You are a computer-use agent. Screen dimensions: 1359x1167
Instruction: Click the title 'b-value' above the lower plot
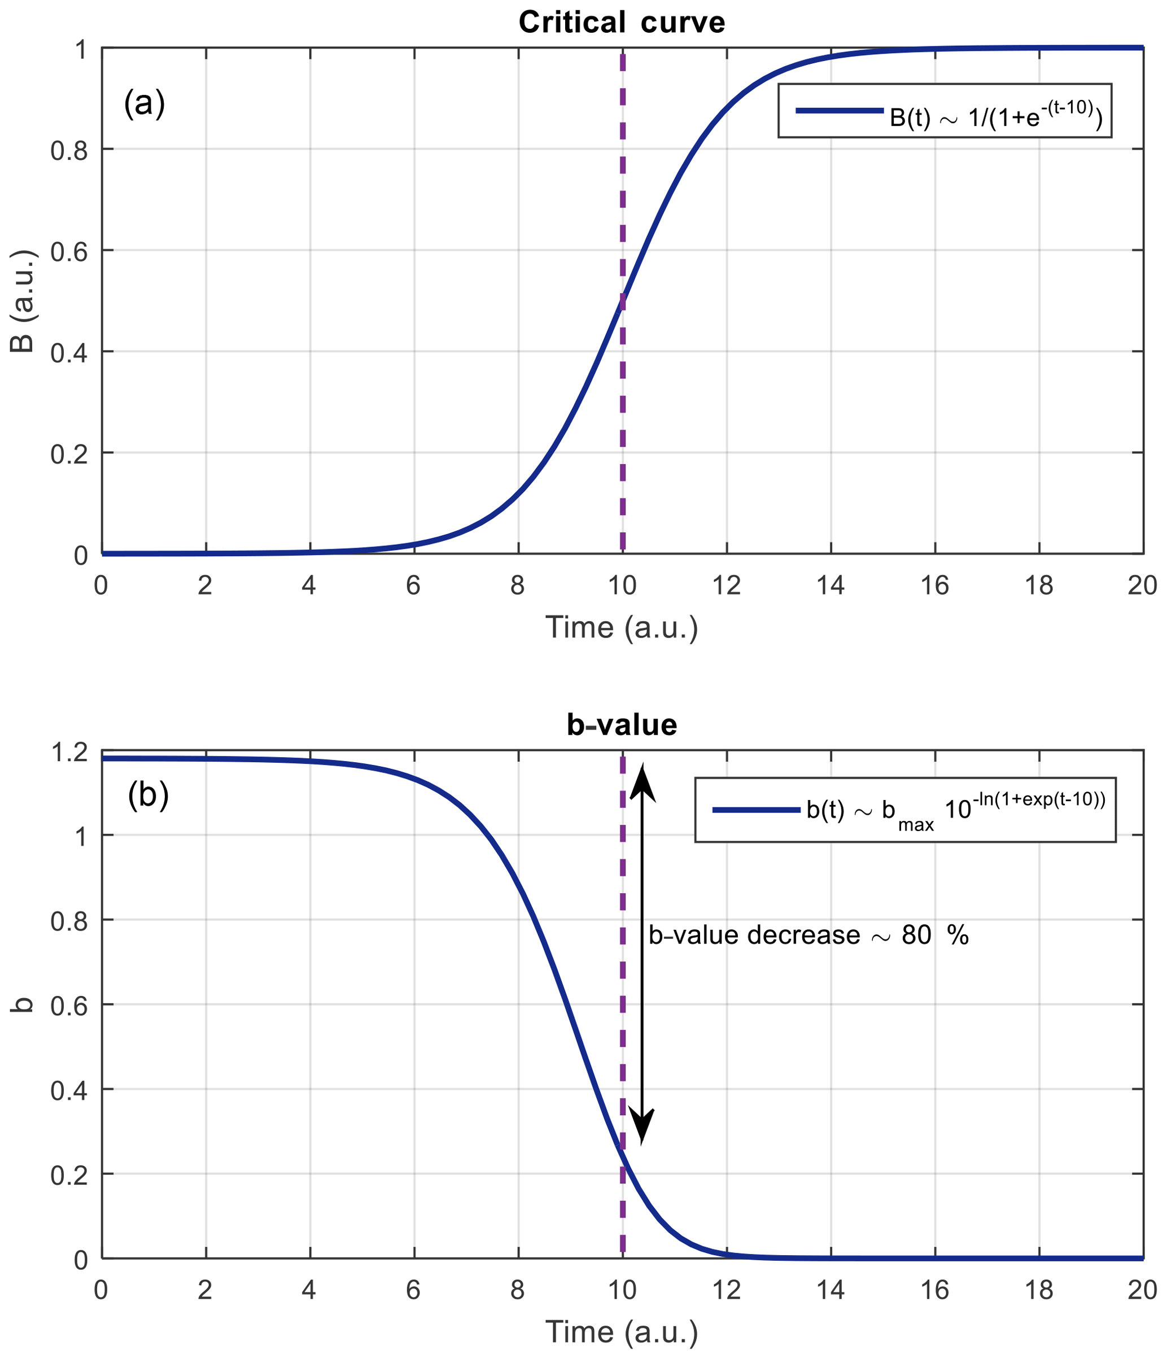(x=621, y=725)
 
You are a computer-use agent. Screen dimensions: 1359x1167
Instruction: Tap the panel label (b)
(x=148, y=795)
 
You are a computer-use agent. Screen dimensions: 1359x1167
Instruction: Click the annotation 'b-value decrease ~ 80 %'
(x=808, y=936)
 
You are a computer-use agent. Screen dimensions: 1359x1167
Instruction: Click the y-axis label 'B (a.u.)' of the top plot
(x=23, y=301)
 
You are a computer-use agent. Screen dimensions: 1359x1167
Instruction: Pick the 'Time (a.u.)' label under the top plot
(x=621, y=628)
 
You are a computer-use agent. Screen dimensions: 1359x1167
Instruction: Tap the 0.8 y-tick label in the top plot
(x=69, y=150)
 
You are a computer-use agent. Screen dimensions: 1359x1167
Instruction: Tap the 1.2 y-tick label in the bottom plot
(x=69, y=751)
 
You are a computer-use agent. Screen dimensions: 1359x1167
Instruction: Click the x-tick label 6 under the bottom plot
(x=413, y=1290)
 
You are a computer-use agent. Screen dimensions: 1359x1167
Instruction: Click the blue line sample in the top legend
(x=839, y=111)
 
